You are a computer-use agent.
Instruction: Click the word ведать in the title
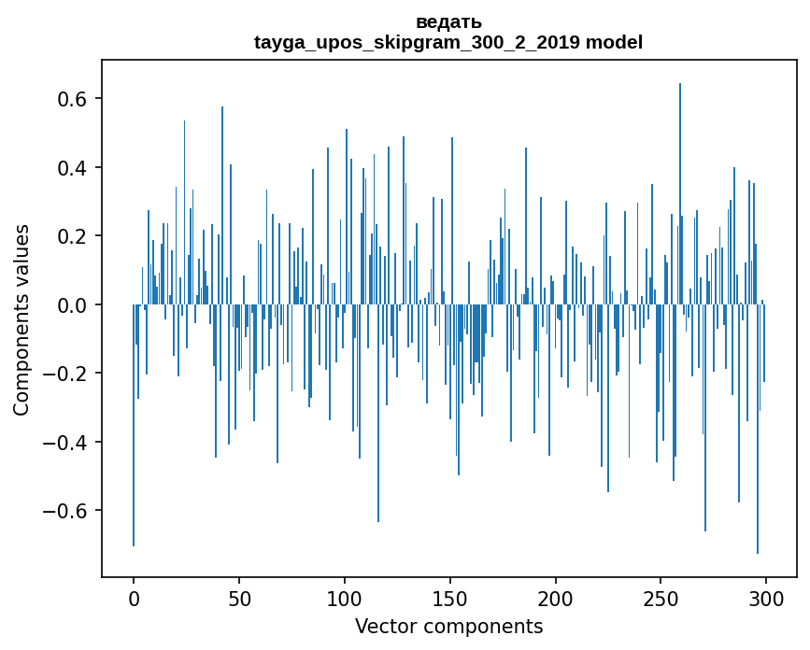(448, 21)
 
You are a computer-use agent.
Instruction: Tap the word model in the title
(615, 42)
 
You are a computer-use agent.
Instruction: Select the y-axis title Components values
(21, 319)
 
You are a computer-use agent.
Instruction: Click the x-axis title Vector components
(448, 627)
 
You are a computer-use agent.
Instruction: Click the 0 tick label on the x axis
(134, 598)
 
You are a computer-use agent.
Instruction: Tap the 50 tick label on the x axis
(239, 598)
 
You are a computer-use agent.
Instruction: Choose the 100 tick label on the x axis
(345, 598)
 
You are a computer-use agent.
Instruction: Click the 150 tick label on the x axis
(450, 598)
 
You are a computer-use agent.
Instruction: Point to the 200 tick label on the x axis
(556, 598)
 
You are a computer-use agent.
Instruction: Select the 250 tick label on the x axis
(661, 598)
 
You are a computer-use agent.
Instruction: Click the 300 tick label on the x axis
(766, 598)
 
